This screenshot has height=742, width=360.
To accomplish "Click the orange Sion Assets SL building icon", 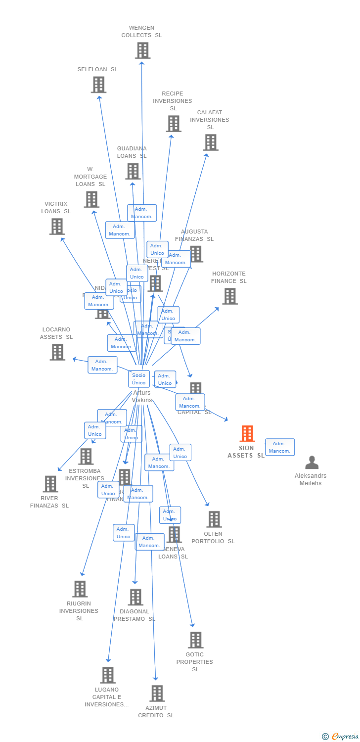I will [247, 434].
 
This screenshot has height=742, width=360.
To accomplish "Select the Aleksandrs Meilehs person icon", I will [312, 463].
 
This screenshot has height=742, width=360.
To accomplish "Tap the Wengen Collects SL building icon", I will [142, 50].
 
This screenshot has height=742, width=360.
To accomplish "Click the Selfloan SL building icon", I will [98, 85].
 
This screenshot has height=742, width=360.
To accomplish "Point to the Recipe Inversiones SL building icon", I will [173, 124].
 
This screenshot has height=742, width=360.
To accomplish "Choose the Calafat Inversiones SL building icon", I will [211, 142].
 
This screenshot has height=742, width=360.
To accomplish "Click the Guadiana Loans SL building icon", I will [133, 171].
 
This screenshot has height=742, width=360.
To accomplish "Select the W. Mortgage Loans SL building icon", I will [91, 199].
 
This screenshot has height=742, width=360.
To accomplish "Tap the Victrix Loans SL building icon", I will [57, 227].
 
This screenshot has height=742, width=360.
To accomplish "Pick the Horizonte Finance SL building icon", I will [229, 296].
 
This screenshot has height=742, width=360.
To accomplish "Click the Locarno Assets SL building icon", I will [57, 352].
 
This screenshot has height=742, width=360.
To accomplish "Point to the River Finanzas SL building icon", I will [50, 484].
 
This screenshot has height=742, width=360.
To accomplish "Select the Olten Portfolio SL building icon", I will [214, 519].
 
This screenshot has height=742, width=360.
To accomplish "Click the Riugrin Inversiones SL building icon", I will [80, 589].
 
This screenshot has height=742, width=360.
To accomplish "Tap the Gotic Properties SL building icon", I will [195, 640].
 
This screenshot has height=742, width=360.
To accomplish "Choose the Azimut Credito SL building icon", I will [157, 694].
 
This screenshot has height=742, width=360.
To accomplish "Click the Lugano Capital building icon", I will [107, 675].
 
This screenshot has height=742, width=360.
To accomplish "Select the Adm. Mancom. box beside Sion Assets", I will [280, 447].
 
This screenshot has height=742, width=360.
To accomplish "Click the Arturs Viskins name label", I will [142, 396].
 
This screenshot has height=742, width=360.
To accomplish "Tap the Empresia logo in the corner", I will [341, 737].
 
